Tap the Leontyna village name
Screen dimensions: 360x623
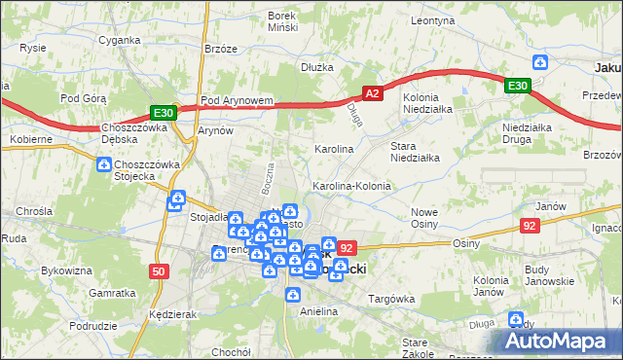click(433, 19)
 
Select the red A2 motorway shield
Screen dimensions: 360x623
click(372, 93)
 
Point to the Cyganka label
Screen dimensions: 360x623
click(119, 41)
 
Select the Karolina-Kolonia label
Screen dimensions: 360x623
click(350, 185)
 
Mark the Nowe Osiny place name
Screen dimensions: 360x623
click(423, 218)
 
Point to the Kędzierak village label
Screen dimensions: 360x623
click(169, 315)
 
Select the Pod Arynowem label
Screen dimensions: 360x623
click(235, 100)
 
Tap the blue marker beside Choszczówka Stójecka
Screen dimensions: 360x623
click(104, 166)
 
